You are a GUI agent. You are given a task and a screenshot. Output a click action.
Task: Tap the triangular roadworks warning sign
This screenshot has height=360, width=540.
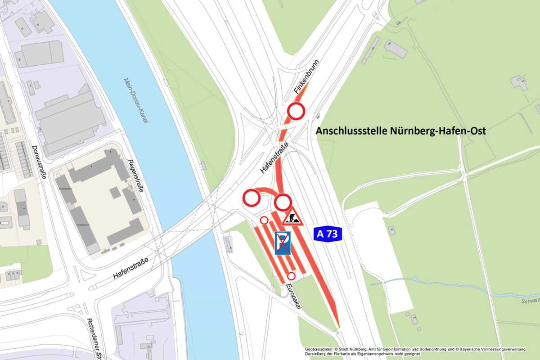tap(292, 217)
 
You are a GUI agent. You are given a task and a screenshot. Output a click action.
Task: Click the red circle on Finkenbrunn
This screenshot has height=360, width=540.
tap(297, 111)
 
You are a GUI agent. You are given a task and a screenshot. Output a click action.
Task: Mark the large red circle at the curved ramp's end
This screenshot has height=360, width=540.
tap(251, 197)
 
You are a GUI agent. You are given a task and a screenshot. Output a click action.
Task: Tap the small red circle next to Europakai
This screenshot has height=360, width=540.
tap(291, 276)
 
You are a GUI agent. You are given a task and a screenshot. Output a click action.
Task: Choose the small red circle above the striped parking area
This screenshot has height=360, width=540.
tap(264, 220)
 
